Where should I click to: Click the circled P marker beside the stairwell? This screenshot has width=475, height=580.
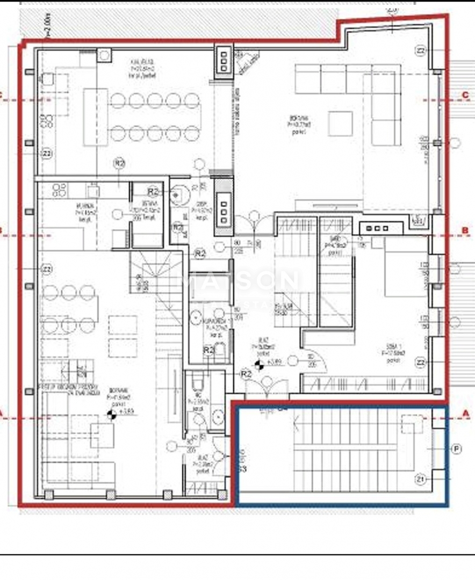pos(456,449)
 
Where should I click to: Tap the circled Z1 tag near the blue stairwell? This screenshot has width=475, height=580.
pos(421,479)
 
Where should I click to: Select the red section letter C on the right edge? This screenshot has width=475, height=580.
pos(465,95)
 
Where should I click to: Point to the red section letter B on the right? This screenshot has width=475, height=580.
pos(465,231)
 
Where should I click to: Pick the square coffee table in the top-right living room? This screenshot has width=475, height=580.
pos(340,124)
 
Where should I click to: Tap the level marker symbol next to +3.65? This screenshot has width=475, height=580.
pos(112,414)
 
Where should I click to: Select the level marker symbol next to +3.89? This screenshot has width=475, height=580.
pos(259,365)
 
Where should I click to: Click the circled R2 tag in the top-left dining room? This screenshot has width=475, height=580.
pos(119,163)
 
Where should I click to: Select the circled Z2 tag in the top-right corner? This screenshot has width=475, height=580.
pos(421,51)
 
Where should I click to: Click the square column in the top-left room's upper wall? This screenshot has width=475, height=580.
pos(104,54)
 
